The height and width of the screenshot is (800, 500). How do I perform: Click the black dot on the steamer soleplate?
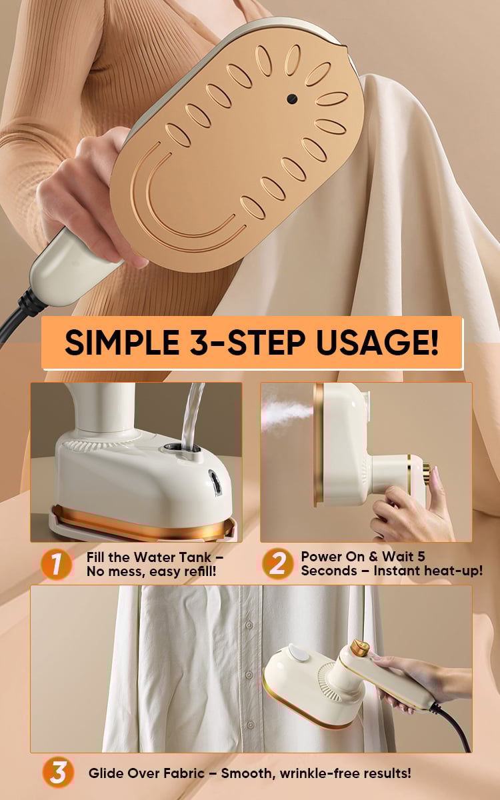tap(292, 99)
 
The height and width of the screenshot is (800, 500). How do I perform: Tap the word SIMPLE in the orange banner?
tap(122, 342)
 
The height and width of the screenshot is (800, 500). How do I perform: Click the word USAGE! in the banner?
tap(377, 342)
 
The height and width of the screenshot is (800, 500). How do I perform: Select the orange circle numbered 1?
tap(56, 565)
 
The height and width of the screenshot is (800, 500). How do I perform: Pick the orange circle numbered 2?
tap(277, 563)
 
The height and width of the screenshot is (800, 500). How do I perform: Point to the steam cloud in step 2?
tap(287, 413)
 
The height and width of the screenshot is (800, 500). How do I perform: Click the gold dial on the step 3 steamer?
tap(360, 647)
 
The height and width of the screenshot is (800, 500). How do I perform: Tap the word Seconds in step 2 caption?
tap(329, 571)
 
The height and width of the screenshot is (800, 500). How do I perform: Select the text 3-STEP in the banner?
tap(247, 342)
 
